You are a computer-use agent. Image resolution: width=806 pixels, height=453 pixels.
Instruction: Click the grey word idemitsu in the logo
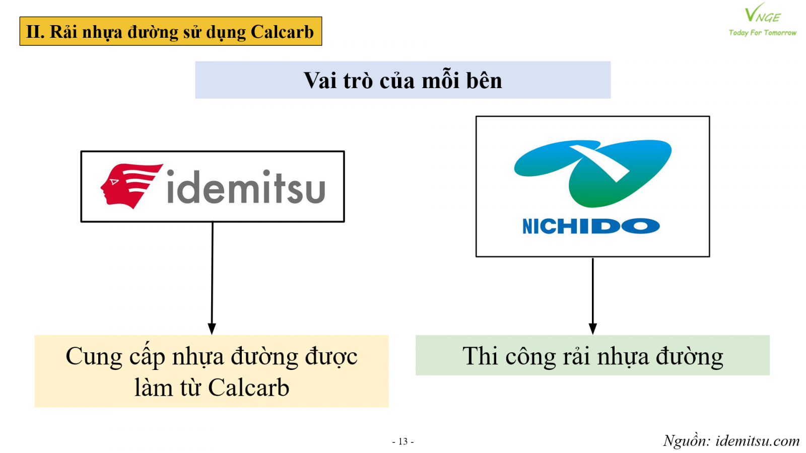[246, 187]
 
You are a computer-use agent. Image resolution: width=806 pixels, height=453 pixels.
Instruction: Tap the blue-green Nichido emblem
[592, 173]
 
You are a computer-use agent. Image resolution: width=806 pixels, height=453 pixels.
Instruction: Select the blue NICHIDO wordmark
[591, 226]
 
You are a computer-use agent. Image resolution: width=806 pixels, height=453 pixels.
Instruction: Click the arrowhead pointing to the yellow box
[212, 329]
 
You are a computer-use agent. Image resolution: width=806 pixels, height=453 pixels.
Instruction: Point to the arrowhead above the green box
[592, 329]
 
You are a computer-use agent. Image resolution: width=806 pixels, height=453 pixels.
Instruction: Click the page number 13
[403, 441]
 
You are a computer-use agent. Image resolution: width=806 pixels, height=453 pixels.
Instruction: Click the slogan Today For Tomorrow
[763, 33]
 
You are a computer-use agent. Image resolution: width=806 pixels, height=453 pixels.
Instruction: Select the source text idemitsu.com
[758, 440]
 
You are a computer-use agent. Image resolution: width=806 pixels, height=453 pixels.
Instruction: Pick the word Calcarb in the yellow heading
[282, 32]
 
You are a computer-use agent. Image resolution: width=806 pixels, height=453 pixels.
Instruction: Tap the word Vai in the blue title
[320, 80]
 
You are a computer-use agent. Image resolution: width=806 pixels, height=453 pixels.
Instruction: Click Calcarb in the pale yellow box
[249, 388]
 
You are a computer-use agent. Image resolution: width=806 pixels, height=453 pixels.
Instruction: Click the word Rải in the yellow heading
[63, 32]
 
